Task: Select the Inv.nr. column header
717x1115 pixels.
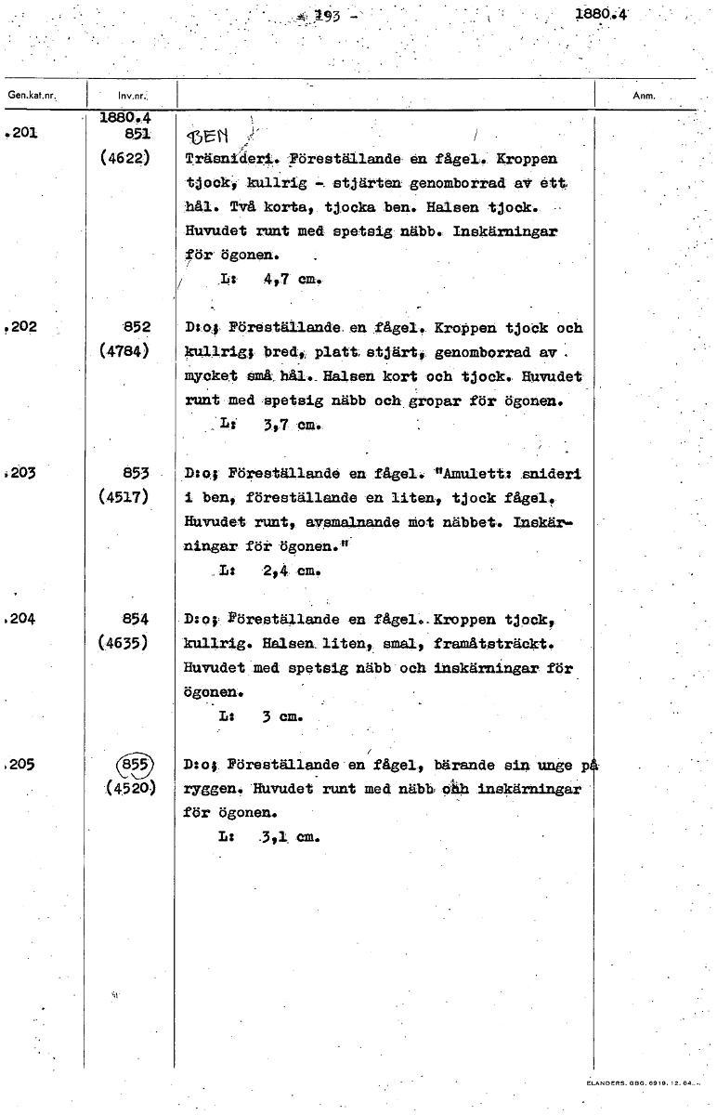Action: [130, 96]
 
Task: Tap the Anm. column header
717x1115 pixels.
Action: [643, 94]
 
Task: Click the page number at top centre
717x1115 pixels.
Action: [327, 15]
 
